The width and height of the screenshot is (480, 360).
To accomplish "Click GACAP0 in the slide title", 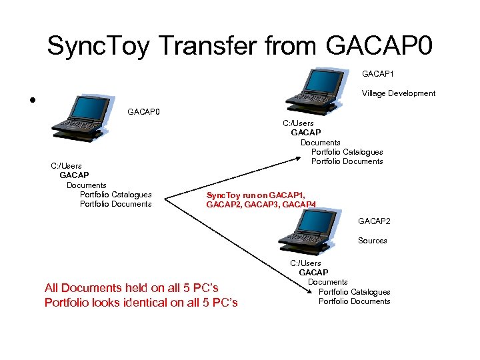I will [380, 45].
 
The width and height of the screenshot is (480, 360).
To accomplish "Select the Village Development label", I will [399, 93].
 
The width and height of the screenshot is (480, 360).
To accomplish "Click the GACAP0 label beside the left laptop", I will [143, 111].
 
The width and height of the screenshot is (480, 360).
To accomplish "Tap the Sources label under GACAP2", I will [372, 241].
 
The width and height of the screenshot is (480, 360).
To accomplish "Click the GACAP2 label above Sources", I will [374, 221].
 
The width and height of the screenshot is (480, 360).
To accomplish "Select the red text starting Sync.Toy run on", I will [261, 199].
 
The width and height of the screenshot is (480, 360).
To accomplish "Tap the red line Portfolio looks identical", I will [141, 303].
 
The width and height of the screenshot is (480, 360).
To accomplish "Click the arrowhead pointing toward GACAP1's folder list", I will [298, 157].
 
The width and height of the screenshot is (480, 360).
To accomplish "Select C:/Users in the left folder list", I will [67, 166].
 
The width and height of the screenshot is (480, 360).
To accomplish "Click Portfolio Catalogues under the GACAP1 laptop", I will [347, 152].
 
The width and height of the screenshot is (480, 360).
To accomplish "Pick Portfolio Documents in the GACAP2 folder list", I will [354, 301].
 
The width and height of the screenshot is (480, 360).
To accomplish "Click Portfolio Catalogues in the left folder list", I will [115, 195].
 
